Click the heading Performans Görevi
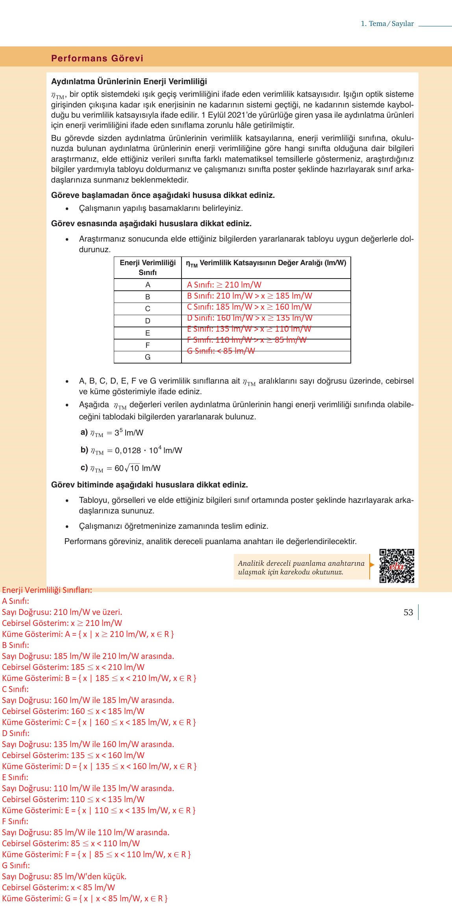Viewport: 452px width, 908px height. tap(97, 58)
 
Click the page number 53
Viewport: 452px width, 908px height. tap(408, 612)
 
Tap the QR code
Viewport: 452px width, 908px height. tap(396, 566)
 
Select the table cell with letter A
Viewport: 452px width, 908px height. tap(148, 285)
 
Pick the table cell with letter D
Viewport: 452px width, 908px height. tap(148, 321)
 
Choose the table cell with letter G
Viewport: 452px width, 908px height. tap(148, 357)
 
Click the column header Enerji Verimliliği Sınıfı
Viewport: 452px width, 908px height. tap(148, 268)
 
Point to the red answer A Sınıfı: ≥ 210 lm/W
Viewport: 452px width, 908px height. tap(224, 285)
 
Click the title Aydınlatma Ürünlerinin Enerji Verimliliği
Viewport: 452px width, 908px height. tap(129, 81)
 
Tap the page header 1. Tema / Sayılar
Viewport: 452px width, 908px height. tap(387, 24)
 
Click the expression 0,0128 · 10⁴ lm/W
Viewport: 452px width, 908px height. tap(148, 450)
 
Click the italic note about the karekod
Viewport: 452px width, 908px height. tap(301, 567)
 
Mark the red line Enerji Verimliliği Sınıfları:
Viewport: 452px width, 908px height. tap(47, 590)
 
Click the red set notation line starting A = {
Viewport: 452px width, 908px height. tap(88, 634)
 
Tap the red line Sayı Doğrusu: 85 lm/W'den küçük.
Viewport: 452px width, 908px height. tap(64, 877)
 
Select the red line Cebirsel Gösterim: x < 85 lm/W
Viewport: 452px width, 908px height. tap(58, 888)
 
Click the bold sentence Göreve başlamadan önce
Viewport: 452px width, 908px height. tap(163, 195)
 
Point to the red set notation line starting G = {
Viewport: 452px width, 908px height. tap(85, 899)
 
